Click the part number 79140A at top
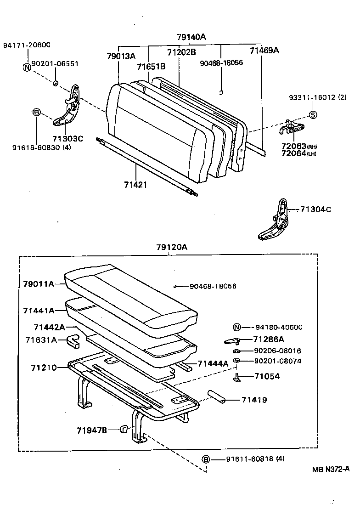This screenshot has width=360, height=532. click(x=191, y=36)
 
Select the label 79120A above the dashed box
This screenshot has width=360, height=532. click(x=172, y=247)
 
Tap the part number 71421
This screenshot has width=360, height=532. click(x=135, y=184)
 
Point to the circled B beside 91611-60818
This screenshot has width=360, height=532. click(x=206, y=459)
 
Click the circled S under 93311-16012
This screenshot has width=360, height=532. click(x=312, y=115)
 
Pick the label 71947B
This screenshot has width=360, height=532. click(x=91, y=430)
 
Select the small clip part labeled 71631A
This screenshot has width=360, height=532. click(x=73, y=341)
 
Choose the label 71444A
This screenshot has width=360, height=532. click(x=213, y=363)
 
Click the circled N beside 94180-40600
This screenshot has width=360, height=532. click(x=236, y=328)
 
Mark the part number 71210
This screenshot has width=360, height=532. click(x=44, y=368)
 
